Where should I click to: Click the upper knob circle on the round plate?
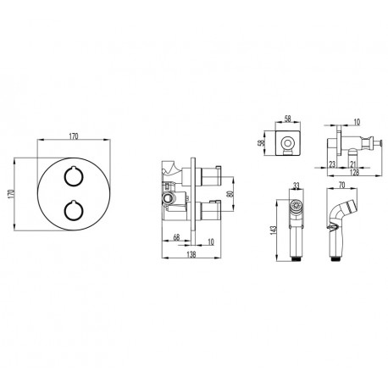(65, 176)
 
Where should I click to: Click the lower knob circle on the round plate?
(65, 210)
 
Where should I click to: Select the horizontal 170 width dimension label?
(74, 136)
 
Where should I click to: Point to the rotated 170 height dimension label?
(12, 194)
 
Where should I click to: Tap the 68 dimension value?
(176, 237)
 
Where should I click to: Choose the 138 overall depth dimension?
(191, 254)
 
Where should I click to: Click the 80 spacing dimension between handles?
(230, 194)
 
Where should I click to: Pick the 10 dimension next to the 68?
(211, 242)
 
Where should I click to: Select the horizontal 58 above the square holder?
(287, 119)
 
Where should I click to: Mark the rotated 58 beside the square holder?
(263, 142)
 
